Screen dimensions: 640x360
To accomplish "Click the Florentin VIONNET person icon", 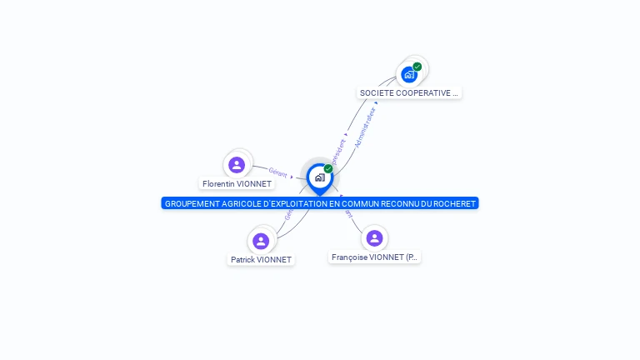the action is click(x=237, y=164).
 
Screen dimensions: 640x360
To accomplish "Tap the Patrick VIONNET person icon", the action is click(x=261, y=241).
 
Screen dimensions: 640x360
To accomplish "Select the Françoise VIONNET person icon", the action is click(x=374, y=238).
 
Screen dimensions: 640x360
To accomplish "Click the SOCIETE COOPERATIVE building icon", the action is click(x=409, y=74).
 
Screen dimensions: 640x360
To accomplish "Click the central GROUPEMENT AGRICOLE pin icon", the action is click(x=319, y=177).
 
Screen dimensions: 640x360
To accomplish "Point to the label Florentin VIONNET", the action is click(x=237, y=183).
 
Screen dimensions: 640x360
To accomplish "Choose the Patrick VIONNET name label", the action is click(x=261, y=259).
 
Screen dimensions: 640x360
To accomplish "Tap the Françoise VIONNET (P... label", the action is click(x=374, y=257).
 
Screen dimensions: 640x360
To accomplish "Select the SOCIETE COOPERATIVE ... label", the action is click(x=409, y=93).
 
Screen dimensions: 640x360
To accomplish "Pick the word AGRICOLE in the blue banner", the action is click(x=249, y=203).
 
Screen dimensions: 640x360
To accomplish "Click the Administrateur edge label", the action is click(x=365, y=127).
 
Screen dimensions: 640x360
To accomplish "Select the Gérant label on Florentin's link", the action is click(x=277, y=173).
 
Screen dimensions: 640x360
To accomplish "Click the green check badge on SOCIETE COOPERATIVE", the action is click(x=417, y=67).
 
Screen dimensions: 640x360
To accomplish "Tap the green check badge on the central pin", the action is click(x=328, y=169).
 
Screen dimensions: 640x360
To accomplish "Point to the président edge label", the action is click(x=338, y=151).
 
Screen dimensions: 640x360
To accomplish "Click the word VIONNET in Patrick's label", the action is click(x=274, y=259).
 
